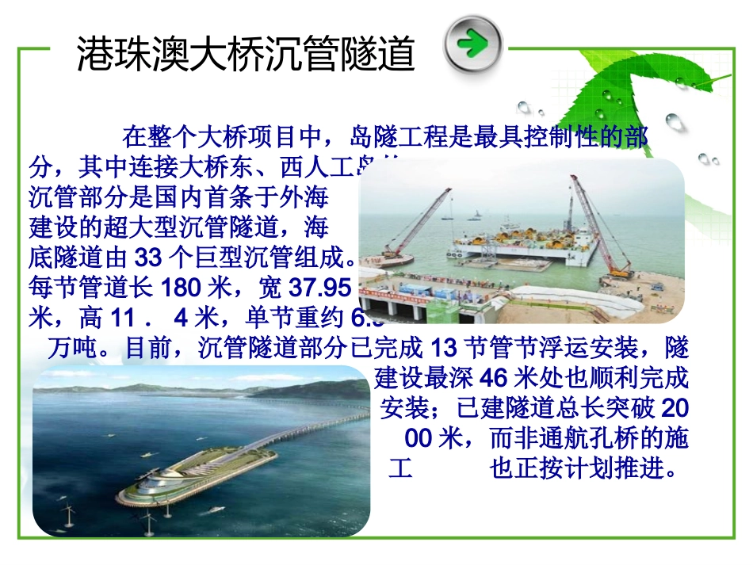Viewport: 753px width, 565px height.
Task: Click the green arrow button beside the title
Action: (473, 44)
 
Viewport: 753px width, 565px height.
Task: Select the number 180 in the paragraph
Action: (177, 287)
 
